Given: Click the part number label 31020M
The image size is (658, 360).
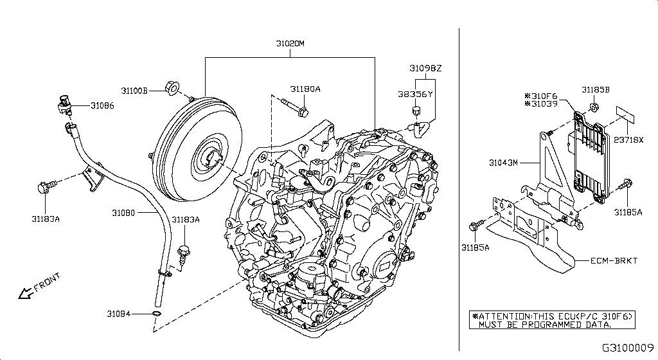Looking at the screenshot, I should pos(290,44).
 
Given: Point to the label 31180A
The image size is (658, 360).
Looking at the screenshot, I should pos(305,89).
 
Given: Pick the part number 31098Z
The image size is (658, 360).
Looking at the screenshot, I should pos(426,67).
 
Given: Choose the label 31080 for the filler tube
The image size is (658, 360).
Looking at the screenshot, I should pos(122,212).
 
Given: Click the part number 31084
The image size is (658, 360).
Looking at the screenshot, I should pos(119,314).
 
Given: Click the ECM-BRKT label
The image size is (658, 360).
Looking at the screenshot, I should pos(617,260).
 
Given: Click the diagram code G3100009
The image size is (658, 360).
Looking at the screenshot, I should pos(628,348).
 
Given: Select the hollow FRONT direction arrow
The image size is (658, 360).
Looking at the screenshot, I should pos(26,293).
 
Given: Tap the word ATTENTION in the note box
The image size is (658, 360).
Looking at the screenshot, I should pos(503,317).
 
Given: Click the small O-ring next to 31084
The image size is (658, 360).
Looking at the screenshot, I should pos(156,314).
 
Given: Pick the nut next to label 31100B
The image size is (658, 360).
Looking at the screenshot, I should pos(172,87).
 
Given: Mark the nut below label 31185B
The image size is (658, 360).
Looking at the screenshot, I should pos(595,107).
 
